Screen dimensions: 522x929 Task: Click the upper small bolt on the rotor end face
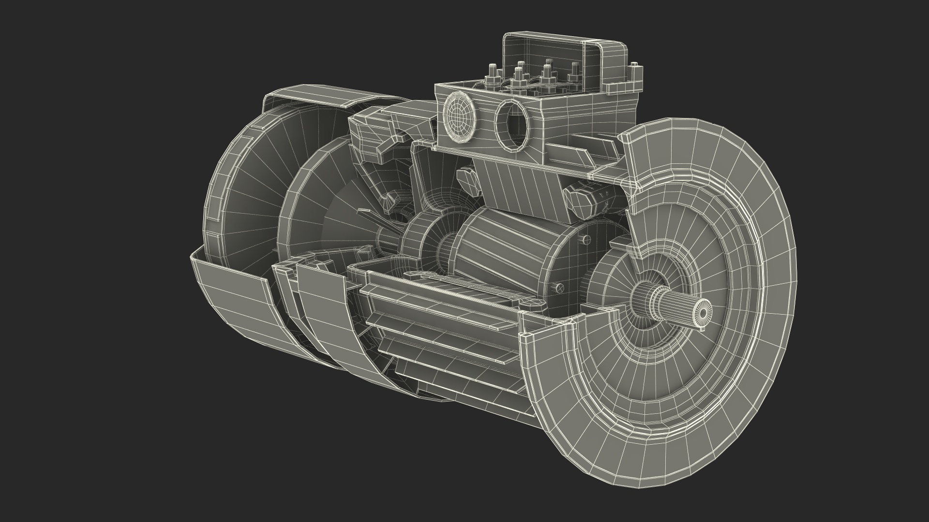[586, 239]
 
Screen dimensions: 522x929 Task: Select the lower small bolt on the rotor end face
[560, 288]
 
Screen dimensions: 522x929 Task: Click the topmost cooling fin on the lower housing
[450, 295]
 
